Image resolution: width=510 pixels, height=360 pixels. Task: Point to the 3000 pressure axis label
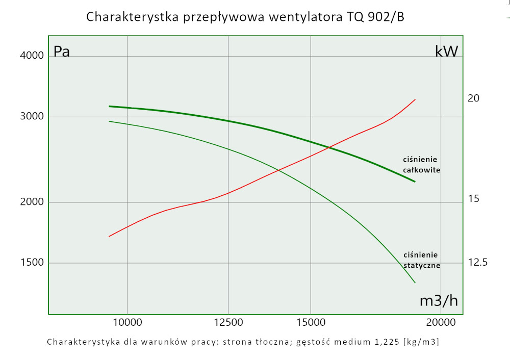pos(32,116)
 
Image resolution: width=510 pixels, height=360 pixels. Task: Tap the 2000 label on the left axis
pos(32,202)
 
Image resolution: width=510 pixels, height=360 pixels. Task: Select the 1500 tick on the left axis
pos(32,263)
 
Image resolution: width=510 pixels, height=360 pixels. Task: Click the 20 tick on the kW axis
pos(473,98)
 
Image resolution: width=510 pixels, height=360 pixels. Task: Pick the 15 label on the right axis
pos(473,198)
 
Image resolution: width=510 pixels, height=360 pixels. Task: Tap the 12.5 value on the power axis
pos(478,262)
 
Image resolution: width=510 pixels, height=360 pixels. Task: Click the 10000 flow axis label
pos(127,322)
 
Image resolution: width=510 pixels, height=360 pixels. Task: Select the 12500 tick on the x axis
pos(228,322)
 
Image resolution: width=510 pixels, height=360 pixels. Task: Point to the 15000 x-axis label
pos(311,322)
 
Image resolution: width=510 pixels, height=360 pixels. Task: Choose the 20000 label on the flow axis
pos(440,322)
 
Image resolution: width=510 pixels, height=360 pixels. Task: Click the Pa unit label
pos(62,52)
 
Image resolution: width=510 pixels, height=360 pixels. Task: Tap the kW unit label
pos(446,51)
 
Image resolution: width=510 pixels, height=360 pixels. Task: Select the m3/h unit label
pos(438,301)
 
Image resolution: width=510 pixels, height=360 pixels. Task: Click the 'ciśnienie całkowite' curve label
pos(421,165)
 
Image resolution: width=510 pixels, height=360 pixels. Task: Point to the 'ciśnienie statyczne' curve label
pos(421,260)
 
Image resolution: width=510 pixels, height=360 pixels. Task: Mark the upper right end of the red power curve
pos(416,99)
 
